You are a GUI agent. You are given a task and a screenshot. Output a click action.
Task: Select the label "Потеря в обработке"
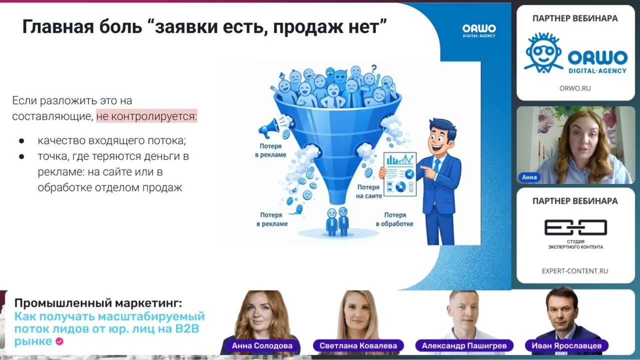pos(394,219)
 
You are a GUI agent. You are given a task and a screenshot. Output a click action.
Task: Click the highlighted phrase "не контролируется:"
pos(146,116)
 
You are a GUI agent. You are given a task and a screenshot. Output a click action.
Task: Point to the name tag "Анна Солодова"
pos(262,345)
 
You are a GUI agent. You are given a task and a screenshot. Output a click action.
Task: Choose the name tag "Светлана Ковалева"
pos(358,345)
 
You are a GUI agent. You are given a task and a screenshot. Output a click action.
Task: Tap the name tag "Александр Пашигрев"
pos(464,345)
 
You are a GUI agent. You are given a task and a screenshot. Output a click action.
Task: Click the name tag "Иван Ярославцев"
pos(566,345)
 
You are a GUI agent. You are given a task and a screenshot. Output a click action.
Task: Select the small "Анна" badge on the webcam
pos(529,177)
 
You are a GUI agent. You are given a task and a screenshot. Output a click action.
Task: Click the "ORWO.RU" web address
pos(575,88)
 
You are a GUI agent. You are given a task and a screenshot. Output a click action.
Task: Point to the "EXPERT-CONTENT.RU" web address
pos(575,271)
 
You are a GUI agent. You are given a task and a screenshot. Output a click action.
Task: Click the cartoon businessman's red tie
pos(437,164)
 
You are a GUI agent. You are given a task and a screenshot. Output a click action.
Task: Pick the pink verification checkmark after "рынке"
pos(59,341)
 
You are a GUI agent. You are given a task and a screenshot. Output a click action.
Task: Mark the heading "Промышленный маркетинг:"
pos(98,303)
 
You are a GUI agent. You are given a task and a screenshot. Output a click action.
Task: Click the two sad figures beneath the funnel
pos(337,220)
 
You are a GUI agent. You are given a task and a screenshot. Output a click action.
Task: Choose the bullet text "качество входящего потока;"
pos(111,140)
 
